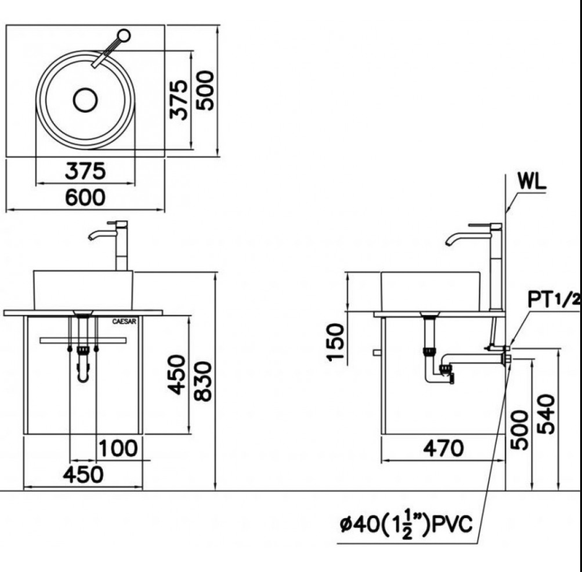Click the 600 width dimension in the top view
(x=85, y=197)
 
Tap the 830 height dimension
(x=204, y=381)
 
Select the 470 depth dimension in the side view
(x=443, y=448)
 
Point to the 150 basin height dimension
(x=336, y=342)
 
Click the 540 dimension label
(x=546, y=414)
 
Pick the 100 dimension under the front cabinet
(x=118, y=448)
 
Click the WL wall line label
(x=532, y=182)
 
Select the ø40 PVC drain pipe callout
(x=406, y=524)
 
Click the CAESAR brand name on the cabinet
(x=124, y=321)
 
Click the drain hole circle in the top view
(x=85, y=100)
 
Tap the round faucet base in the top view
(x=124, y=36)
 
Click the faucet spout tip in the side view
(x=448, y=243)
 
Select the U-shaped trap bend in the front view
(x=83, y=375)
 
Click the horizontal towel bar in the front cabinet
(x=83, y=340)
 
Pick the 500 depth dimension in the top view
(x=205, y=90)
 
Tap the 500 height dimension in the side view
(x=519, y=430)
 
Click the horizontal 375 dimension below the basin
(x=85, y=171)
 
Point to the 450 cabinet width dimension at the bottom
(x=83, y=475)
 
